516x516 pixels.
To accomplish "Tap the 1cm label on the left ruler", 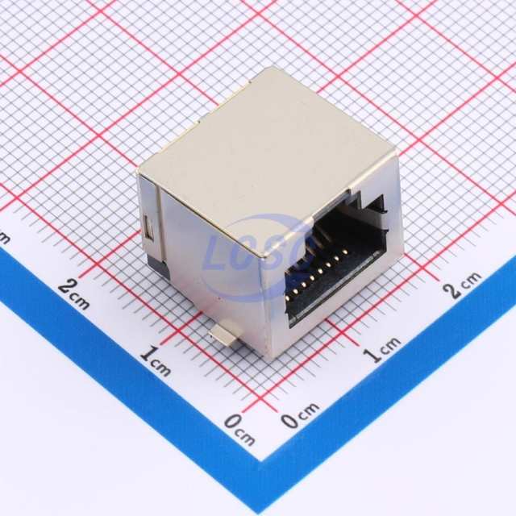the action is [x=156, y=360].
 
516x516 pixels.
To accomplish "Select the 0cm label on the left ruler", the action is [x=239, y=429].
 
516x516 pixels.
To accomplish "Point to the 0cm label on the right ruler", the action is [x=299, y=415].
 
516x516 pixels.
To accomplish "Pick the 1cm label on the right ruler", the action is [x=381, y=349].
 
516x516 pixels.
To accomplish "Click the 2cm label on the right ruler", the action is [x=461, y=284].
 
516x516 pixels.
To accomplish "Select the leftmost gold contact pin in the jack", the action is [x=289, y=298].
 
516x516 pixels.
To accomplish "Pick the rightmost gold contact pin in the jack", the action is [x=345, y=252].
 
